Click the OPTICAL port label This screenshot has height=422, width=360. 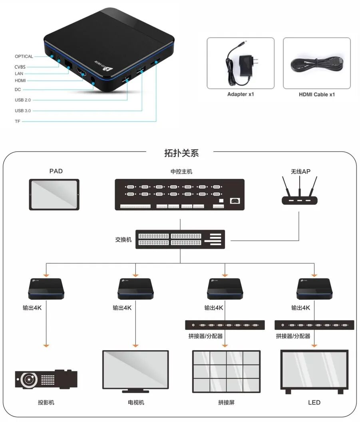coord(24,57)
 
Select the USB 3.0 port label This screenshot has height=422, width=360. coord(23,111)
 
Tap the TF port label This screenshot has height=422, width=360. coord(18,121)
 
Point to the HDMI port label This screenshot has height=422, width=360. coord(20,81)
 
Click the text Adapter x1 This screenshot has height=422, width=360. coord(241,95)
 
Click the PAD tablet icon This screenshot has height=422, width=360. coord(54,194)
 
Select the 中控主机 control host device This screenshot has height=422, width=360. coord(179,194)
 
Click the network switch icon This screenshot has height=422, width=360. coord(180,239)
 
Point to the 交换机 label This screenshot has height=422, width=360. coord(123,240)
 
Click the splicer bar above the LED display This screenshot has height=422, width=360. coord(314,325)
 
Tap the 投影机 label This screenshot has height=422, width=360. coord(46,402)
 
